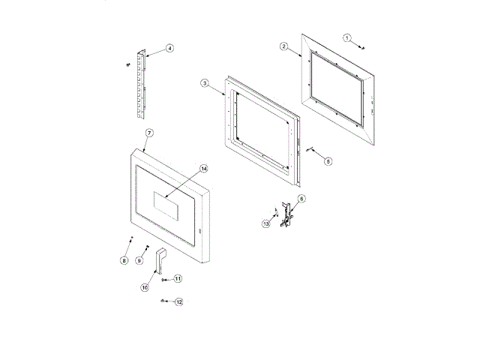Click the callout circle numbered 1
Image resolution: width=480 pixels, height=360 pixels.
point(346,38)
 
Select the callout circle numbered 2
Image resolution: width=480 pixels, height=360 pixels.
point(283,46)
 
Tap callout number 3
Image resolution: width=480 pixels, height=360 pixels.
point(205,83)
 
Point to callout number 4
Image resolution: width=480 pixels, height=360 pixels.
point(169,48)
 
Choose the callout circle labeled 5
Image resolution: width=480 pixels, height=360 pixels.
point(328,161)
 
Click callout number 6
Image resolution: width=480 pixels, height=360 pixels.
point(301,199)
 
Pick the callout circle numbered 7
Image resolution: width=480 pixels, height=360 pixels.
point(149,133)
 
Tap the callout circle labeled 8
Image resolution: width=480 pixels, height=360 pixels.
point(124,260)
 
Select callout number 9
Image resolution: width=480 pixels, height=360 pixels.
point(139,260)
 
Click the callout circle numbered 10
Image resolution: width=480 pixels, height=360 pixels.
point(145,287)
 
